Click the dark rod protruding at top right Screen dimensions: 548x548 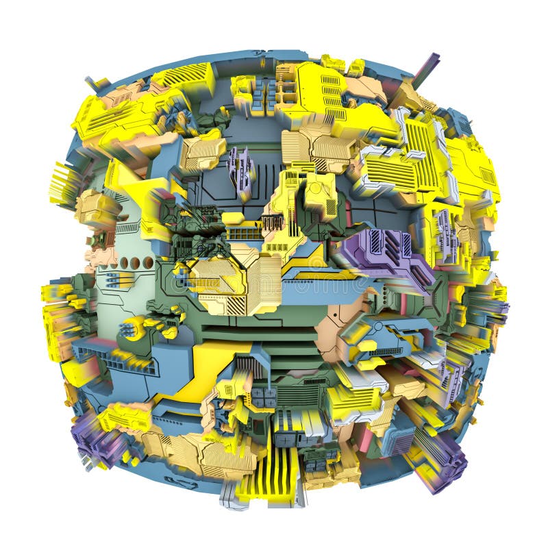click(x=426, y=68)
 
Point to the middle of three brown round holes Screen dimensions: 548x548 click(x=135, y=263)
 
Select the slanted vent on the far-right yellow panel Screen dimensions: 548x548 click(x=488, y=176)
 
